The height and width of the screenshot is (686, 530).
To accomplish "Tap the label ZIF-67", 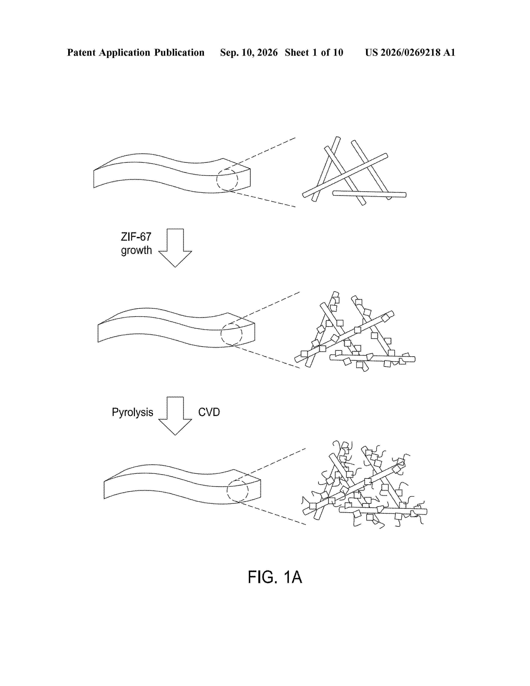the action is tap(136, 237).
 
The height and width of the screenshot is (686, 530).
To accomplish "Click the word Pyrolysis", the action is tap(133, 412).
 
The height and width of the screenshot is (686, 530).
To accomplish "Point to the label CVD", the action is tap(209, 412).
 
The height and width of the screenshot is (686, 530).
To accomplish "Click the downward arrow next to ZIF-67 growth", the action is tap(175, 248).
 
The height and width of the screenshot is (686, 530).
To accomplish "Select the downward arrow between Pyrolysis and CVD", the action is tap(175, 416).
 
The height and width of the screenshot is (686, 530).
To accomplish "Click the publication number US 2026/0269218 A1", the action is tap(410, 52).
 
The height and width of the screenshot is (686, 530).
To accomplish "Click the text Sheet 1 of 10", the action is tap(314, 52).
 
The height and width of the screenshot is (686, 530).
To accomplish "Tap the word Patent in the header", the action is tap(81, 52).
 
